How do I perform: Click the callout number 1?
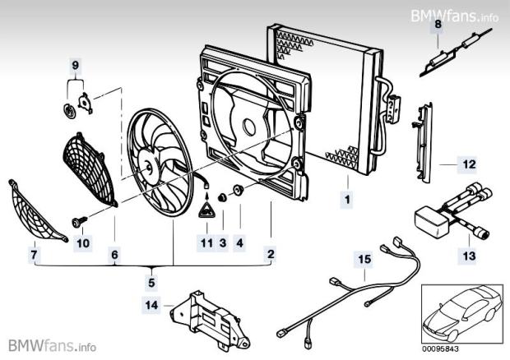[x=347, y=199]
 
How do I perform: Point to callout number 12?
[x=468, y=164]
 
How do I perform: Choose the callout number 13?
[x=468, y=256]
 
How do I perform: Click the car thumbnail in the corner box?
[x=460, y=312]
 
